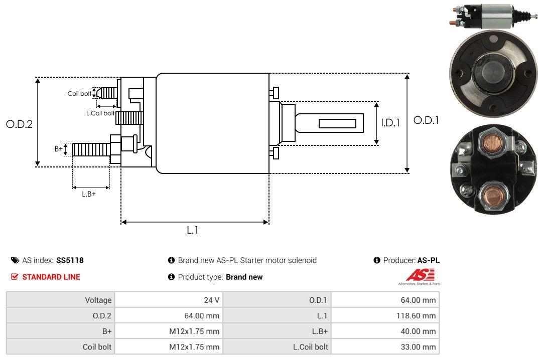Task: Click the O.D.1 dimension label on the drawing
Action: point(426,120)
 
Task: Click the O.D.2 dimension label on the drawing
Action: point(19,124)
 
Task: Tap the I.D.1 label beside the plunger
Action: point(390,123)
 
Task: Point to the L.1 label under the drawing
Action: point(193,230)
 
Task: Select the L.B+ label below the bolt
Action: point(89,194)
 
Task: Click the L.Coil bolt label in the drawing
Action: point(100,113)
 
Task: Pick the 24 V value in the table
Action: point(210,300)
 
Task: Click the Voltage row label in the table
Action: point(98,300)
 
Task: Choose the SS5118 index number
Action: point(70,260)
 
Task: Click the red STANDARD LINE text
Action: point(51,277)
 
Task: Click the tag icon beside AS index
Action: point(15,260)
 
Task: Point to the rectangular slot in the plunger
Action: point(337,123)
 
